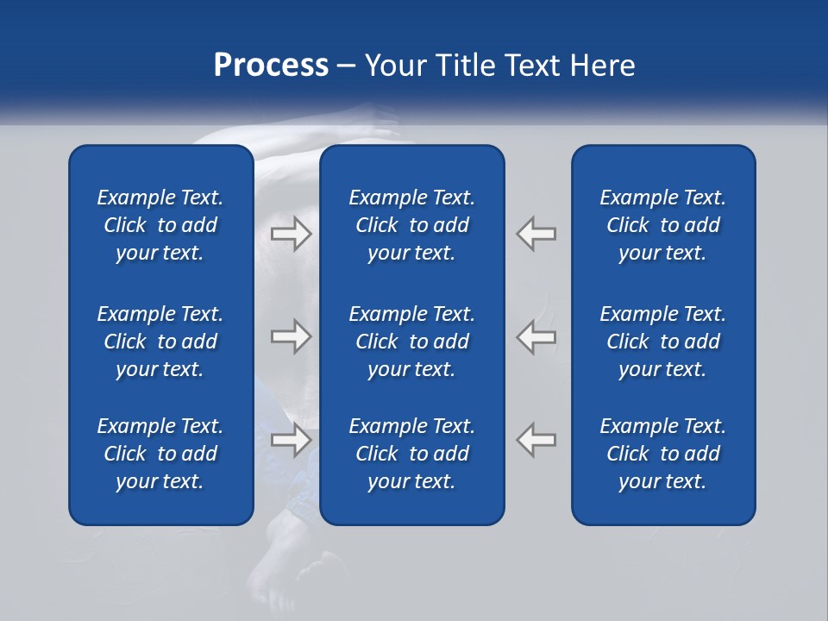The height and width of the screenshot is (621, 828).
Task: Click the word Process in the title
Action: tap(271, 66)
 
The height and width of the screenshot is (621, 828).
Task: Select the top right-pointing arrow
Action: tap(291, 234)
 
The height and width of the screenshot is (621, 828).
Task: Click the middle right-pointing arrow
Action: tap(291, 336)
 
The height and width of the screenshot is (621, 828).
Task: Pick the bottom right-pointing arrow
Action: tap(291, 440)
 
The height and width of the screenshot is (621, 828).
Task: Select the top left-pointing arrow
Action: tap(536, 234)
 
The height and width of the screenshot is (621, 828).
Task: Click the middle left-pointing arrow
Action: tap(536, 336)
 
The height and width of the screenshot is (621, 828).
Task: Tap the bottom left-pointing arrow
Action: tap(536, 440)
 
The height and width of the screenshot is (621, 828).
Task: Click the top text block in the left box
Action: tap(160, 225)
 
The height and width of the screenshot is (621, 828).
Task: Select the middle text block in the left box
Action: tap(160, 342)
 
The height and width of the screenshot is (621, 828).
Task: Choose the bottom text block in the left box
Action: tap(160, 454)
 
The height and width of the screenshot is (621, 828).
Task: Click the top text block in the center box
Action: tap(411, 225)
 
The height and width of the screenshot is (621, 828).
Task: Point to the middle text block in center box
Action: tap(411, 342)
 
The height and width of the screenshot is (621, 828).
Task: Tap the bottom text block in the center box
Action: tap(411, 454)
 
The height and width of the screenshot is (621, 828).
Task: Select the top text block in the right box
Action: tap(662, 225)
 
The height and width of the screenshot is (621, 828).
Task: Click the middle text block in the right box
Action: tap(662, 342)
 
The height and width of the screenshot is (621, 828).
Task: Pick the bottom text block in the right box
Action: tap(662, 454)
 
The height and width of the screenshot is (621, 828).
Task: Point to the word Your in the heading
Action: tap(393, 66)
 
